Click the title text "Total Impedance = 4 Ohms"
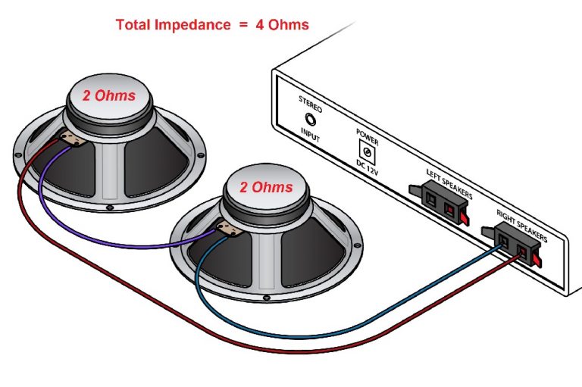coord(212,24)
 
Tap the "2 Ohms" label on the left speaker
coord(109,96)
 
